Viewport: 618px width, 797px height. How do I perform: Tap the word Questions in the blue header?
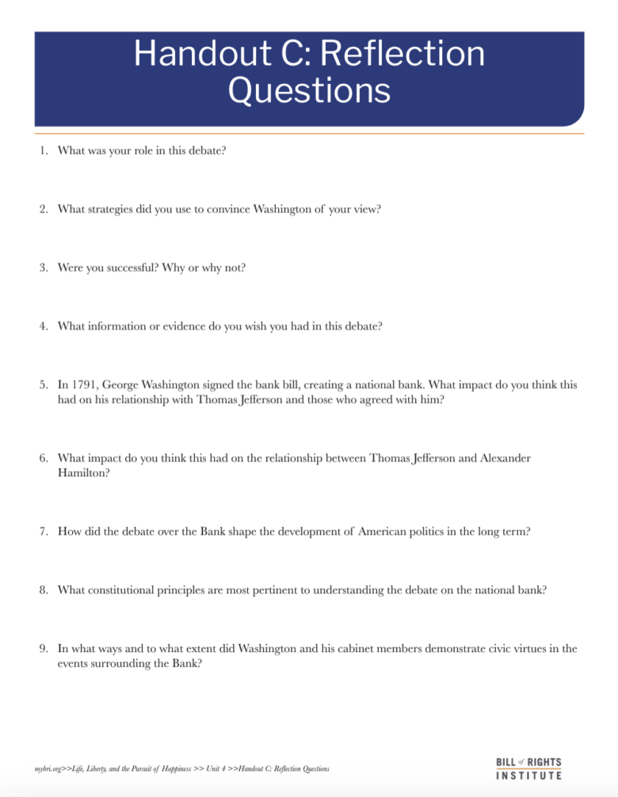[308, 91]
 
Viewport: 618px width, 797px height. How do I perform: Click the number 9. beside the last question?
[44, 648]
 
